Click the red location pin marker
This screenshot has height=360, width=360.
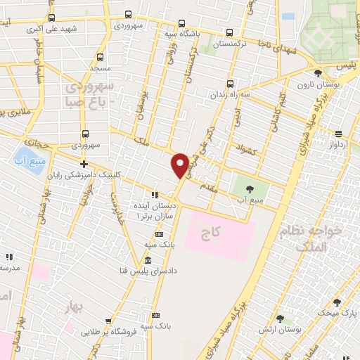click(180, 165)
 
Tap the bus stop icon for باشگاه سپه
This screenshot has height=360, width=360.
click(182, 22)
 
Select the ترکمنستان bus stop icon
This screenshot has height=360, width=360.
click(230, 32)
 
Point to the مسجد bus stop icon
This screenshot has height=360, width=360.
click(99, 58)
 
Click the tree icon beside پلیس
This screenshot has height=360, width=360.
click(318, 72)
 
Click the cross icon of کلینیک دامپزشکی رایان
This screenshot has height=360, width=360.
click(84, 164)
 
